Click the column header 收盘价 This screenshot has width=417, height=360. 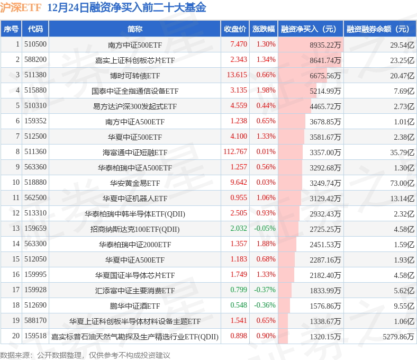coord(234,29)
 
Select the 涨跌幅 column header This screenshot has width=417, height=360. coord(263,29)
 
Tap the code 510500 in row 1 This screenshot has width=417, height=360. coord(35,44)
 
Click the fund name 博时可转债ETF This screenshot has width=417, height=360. coord(134,76)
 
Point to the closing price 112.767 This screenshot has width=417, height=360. coord(235,152)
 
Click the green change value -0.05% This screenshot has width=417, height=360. coord(265,229)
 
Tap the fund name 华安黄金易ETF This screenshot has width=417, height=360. coord(134,183)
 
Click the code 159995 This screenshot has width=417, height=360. coord(35,275)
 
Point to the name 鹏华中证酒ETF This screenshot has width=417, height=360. coord(134,306)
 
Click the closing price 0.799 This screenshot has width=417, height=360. coord(239,290)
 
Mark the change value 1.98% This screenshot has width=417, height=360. coord(266,91)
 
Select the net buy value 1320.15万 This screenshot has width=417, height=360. coord(325,337)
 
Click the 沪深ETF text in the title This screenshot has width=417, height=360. coord(21,8)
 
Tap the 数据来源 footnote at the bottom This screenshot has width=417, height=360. coord(85,355)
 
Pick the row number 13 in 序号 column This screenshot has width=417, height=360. coord(15,229)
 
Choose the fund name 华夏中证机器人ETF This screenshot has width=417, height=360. coord(134,199)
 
